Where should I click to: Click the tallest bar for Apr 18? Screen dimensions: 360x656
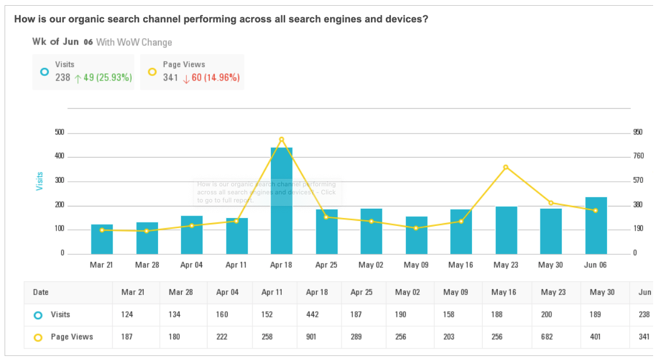click(281, 201)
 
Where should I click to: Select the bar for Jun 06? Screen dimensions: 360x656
click(596, 225)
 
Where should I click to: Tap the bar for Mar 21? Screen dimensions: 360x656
click(102, 239)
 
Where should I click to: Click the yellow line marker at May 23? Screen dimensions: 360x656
click(506, 167)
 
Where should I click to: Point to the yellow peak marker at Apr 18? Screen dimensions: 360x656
click(281, 139)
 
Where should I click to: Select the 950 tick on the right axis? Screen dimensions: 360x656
click(638, 132)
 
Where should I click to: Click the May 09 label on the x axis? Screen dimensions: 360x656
click(416, 265)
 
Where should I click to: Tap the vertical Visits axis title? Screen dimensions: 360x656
click(40, 181)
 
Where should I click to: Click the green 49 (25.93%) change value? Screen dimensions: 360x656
click(108, 78)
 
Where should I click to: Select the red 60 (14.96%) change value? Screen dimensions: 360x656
click(215, 78)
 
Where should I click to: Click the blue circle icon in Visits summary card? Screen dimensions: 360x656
click(44, 72)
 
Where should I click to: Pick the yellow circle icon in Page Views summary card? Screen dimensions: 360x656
click(152, 72)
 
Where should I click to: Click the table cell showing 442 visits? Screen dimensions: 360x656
click(317, 315)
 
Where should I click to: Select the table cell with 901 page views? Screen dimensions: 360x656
click(317, 337)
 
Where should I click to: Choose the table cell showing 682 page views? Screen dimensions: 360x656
click(553, 337)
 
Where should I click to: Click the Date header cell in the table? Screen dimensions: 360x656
click(41, 292)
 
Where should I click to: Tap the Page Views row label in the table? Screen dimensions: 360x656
click(71, 337)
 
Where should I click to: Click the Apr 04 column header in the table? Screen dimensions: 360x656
click(227, 292)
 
